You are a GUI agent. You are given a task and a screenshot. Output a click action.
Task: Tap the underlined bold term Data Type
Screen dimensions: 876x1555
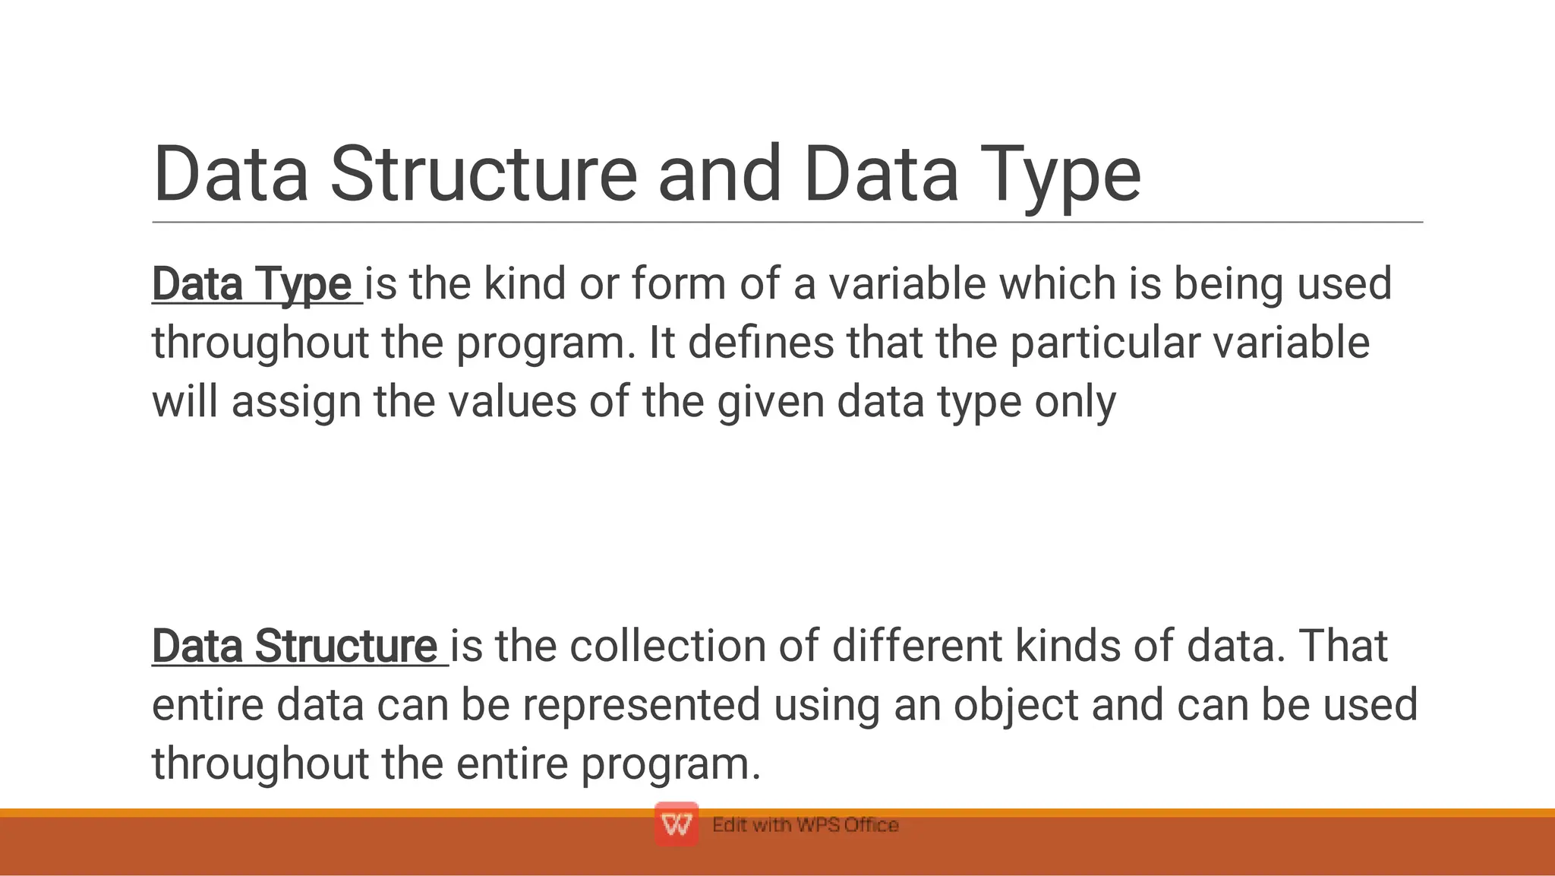[252, 283]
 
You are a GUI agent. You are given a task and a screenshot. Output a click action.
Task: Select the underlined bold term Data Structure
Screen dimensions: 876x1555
[295, 646]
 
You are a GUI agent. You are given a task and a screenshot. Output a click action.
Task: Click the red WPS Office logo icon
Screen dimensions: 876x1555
[676, 824]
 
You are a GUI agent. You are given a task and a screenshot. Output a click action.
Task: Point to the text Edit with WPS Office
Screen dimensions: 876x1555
[805, 825]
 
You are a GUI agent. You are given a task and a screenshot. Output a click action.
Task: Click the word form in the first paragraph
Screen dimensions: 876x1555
[679, 283]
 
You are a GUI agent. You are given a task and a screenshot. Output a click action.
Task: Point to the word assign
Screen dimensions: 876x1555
[296, 402]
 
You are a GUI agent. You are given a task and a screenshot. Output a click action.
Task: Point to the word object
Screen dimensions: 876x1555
[1016, 705]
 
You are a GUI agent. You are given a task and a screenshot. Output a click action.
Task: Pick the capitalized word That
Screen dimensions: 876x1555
[1343, 646]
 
